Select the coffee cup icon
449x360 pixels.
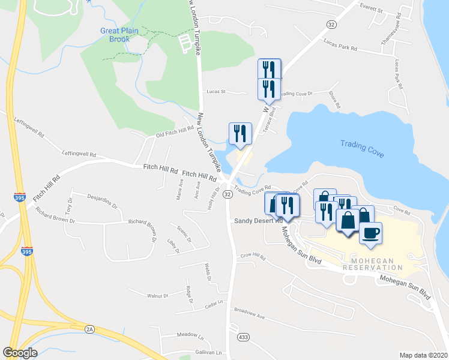pyautogui.click(x=370, y=233)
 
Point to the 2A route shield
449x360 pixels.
pyautogui.click(x=90, y=329)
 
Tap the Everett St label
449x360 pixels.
pyautogui.click(x=371, y=10)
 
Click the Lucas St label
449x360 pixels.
pyautogui.click(x=215, y=92)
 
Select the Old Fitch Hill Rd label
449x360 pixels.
pyautogui.click(x=175, y=131)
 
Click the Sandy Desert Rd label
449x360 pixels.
pyautogui.click(x=258, y=221)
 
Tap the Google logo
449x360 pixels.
pyautogui.click(x=20, y=352)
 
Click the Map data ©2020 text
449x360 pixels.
pyautogui.click(x=423, y=355)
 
